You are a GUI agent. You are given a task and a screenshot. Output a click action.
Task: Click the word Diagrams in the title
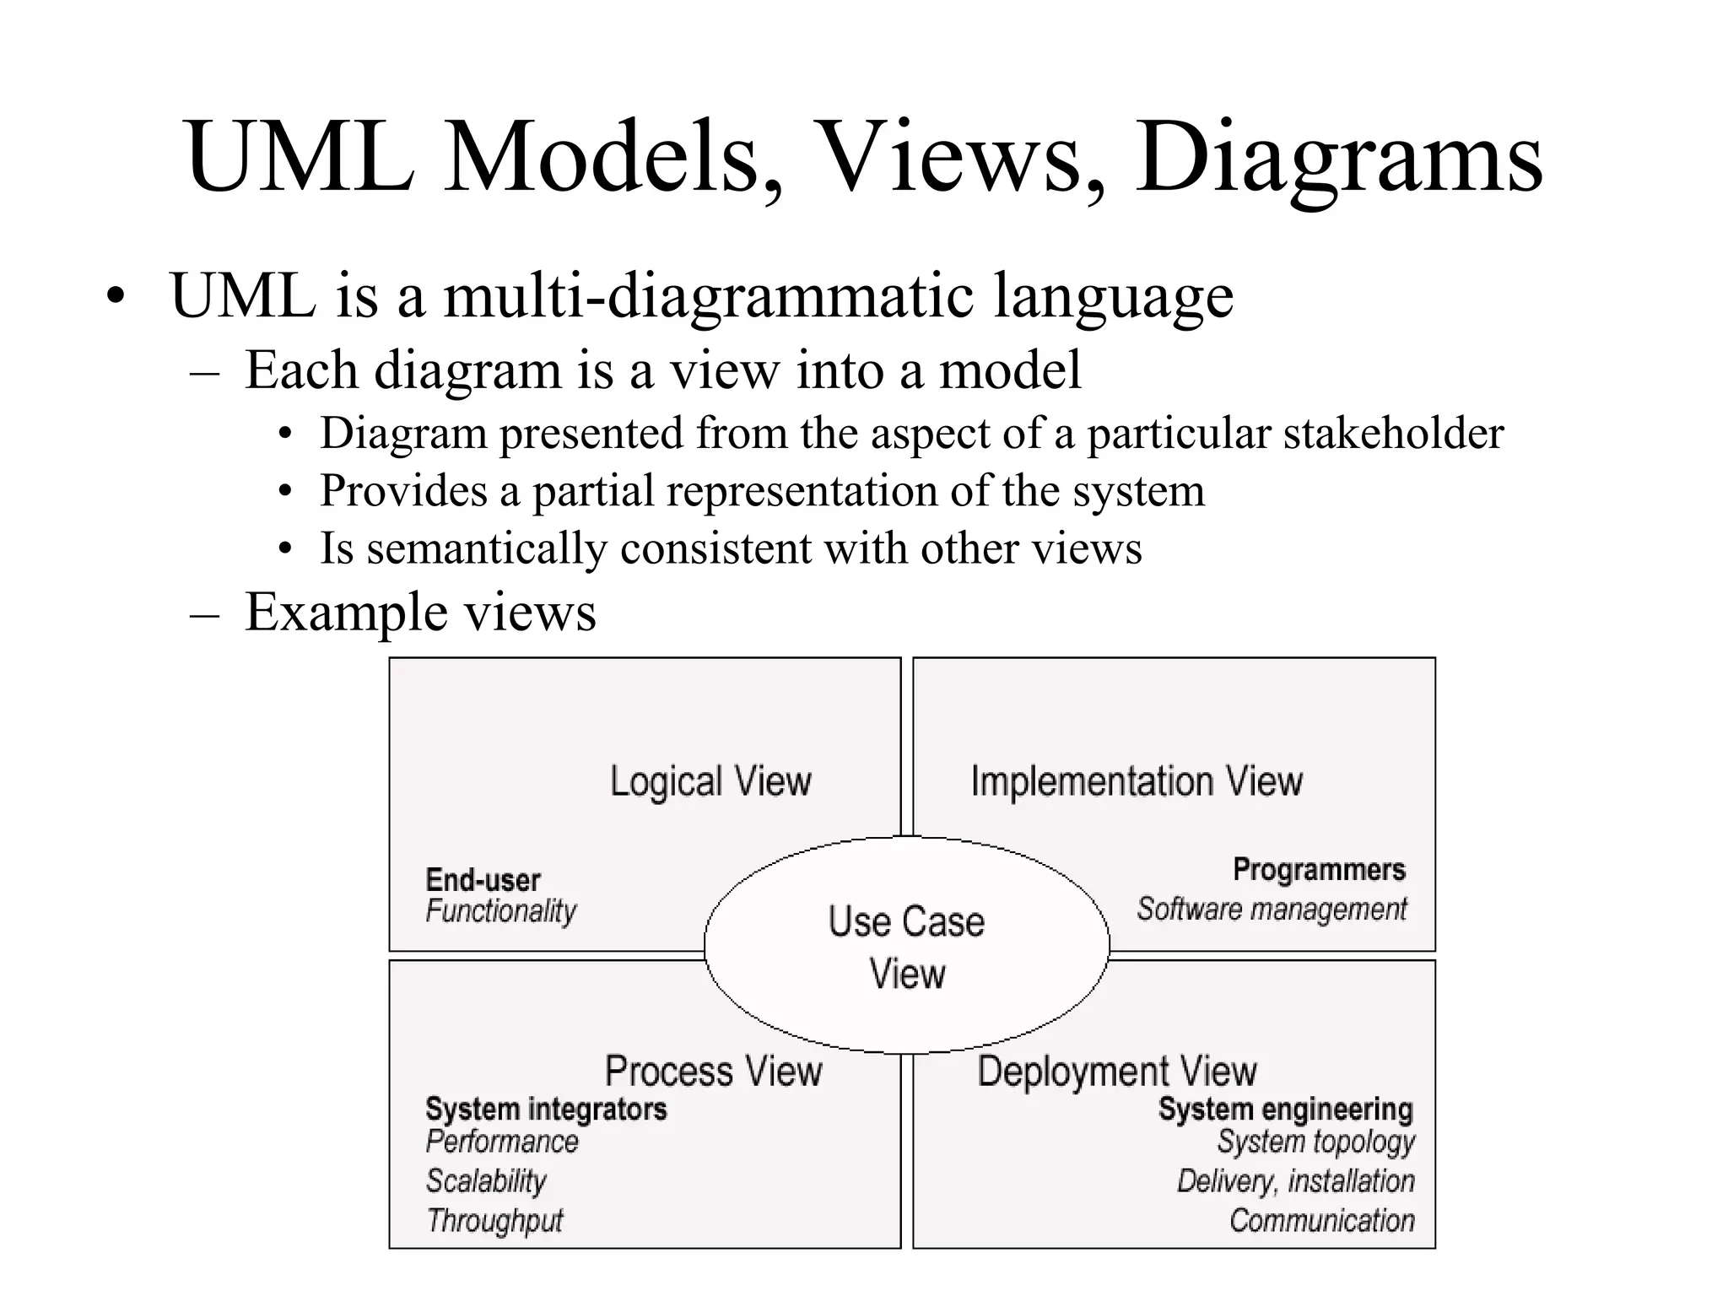[x=1339, y=158]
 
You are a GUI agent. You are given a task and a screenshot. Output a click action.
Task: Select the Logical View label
[x=710, y=781]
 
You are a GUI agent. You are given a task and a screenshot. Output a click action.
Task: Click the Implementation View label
[x=1136, y=781]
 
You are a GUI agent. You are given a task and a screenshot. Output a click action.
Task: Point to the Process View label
[x=713, y=1072]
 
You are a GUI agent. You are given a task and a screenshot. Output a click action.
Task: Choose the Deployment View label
[x=1117, y=1072]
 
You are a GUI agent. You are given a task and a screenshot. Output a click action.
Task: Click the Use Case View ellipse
[x=906, y=945]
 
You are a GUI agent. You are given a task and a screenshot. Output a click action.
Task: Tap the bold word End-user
[x=483, y=880]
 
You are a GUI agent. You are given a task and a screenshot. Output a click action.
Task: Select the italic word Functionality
[x=501, y=911]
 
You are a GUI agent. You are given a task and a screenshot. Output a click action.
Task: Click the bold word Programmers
[x=1319, y=870]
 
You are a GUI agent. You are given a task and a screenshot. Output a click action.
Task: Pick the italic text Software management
[x=1272, y=910]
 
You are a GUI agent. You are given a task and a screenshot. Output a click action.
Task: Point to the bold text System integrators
[x=546, y=1109]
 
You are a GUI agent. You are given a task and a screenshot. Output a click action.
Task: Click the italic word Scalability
[x=486, y=1181]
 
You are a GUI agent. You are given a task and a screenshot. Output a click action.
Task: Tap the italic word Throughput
[x=494, y=1221]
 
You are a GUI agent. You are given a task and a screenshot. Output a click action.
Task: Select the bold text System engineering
[x=1285, y=1109]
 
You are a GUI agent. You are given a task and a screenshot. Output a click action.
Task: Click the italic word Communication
[x=1321, y=1221]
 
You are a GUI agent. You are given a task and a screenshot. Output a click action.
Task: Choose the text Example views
[x=420, y=612]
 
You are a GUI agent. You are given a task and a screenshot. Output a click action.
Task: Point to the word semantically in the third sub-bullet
[x=487, y=548]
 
